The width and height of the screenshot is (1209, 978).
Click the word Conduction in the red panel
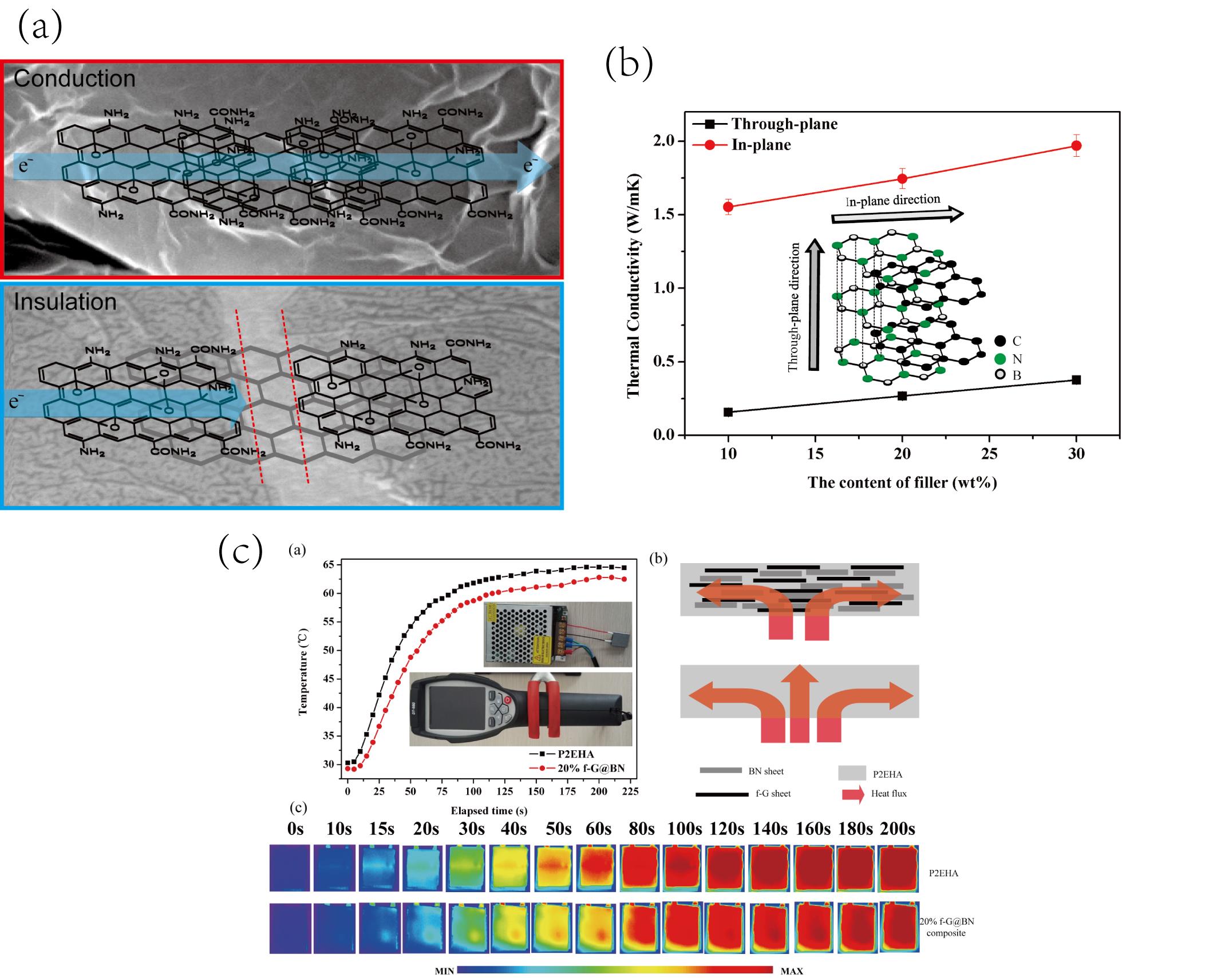74,78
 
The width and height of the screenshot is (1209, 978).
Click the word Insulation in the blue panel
65,302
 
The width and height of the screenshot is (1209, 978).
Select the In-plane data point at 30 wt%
1076,146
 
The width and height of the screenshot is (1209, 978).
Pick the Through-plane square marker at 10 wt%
728,412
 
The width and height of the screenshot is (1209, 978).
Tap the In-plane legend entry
761,145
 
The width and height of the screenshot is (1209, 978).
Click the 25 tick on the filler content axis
989,454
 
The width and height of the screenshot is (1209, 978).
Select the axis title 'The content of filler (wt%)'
902,482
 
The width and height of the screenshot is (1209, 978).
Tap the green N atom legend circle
1000,359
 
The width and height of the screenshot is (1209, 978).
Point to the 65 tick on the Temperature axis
328,565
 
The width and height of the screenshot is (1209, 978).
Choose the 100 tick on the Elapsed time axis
473,791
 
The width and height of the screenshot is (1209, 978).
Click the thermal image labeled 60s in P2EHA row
598,868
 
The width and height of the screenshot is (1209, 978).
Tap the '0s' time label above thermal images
295,829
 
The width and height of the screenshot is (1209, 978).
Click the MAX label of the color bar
792,971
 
